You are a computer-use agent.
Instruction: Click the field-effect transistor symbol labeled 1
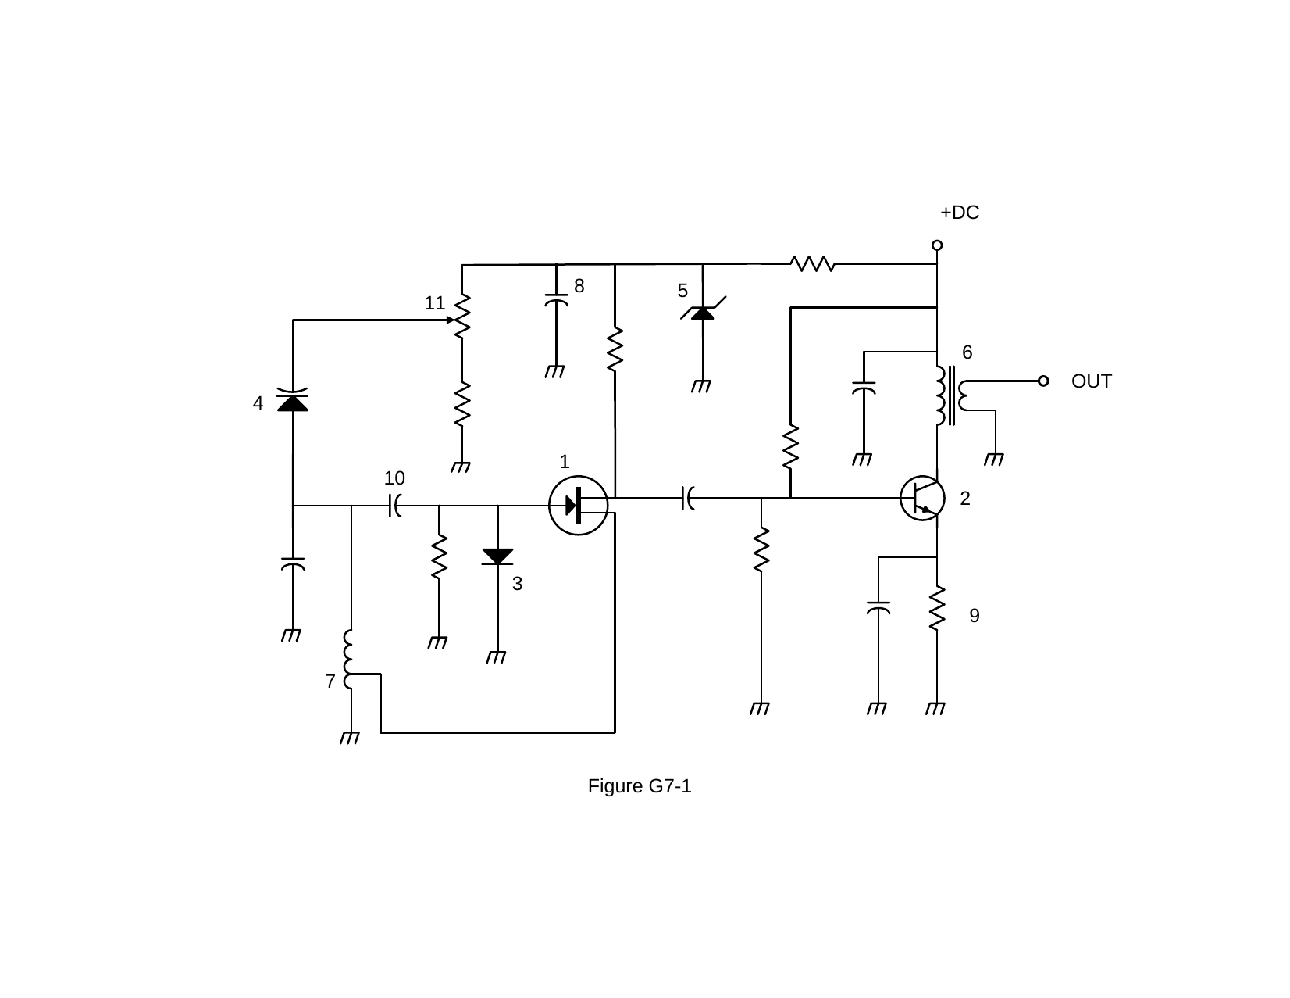578,506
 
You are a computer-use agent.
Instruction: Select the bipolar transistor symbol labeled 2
922,498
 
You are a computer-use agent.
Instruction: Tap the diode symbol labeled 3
497,556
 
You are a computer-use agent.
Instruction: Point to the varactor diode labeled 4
293,399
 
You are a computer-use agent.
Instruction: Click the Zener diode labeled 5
703,311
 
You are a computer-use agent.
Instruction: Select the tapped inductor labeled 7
349,660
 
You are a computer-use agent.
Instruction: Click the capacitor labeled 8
556,299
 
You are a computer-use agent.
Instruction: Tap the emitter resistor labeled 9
937,608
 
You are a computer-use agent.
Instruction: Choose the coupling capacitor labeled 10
395,506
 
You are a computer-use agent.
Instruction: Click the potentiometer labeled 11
461,316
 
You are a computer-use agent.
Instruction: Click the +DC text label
960,212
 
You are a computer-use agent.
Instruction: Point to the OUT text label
1091,381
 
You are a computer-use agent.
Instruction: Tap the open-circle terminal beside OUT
1043,381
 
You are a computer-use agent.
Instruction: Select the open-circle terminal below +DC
937,245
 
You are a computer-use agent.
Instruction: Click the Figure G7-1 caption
640,786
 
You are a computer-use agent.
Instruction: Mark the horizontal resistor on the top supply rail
813,263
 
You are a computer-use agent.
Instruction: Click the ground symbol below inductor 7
350,738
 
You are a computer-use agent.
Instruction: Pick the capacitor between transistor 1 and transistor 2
687,498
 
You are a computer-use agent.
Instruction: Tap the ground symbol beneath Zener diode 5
701,387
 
